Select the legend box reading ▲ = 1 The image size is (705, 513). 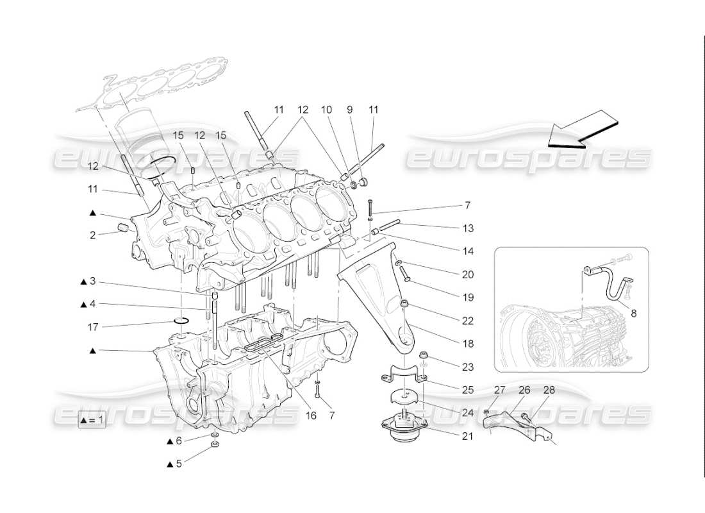(92, 421)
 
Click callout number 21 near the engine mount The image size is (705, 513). (467, 437)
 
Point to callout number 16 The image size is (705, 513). (311, 416)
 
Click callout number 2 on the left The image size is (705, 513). (92, 235)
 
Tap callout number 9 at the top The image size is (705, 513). (350, 110)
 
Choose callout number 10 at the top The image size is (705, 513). (327, 110)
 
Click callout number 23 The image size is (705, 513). (467, 367)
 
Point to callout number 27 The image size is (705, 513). (499, 389)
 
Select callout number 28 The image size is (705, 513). (549, 389)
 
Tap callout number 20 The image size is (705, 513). (467, 274)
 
